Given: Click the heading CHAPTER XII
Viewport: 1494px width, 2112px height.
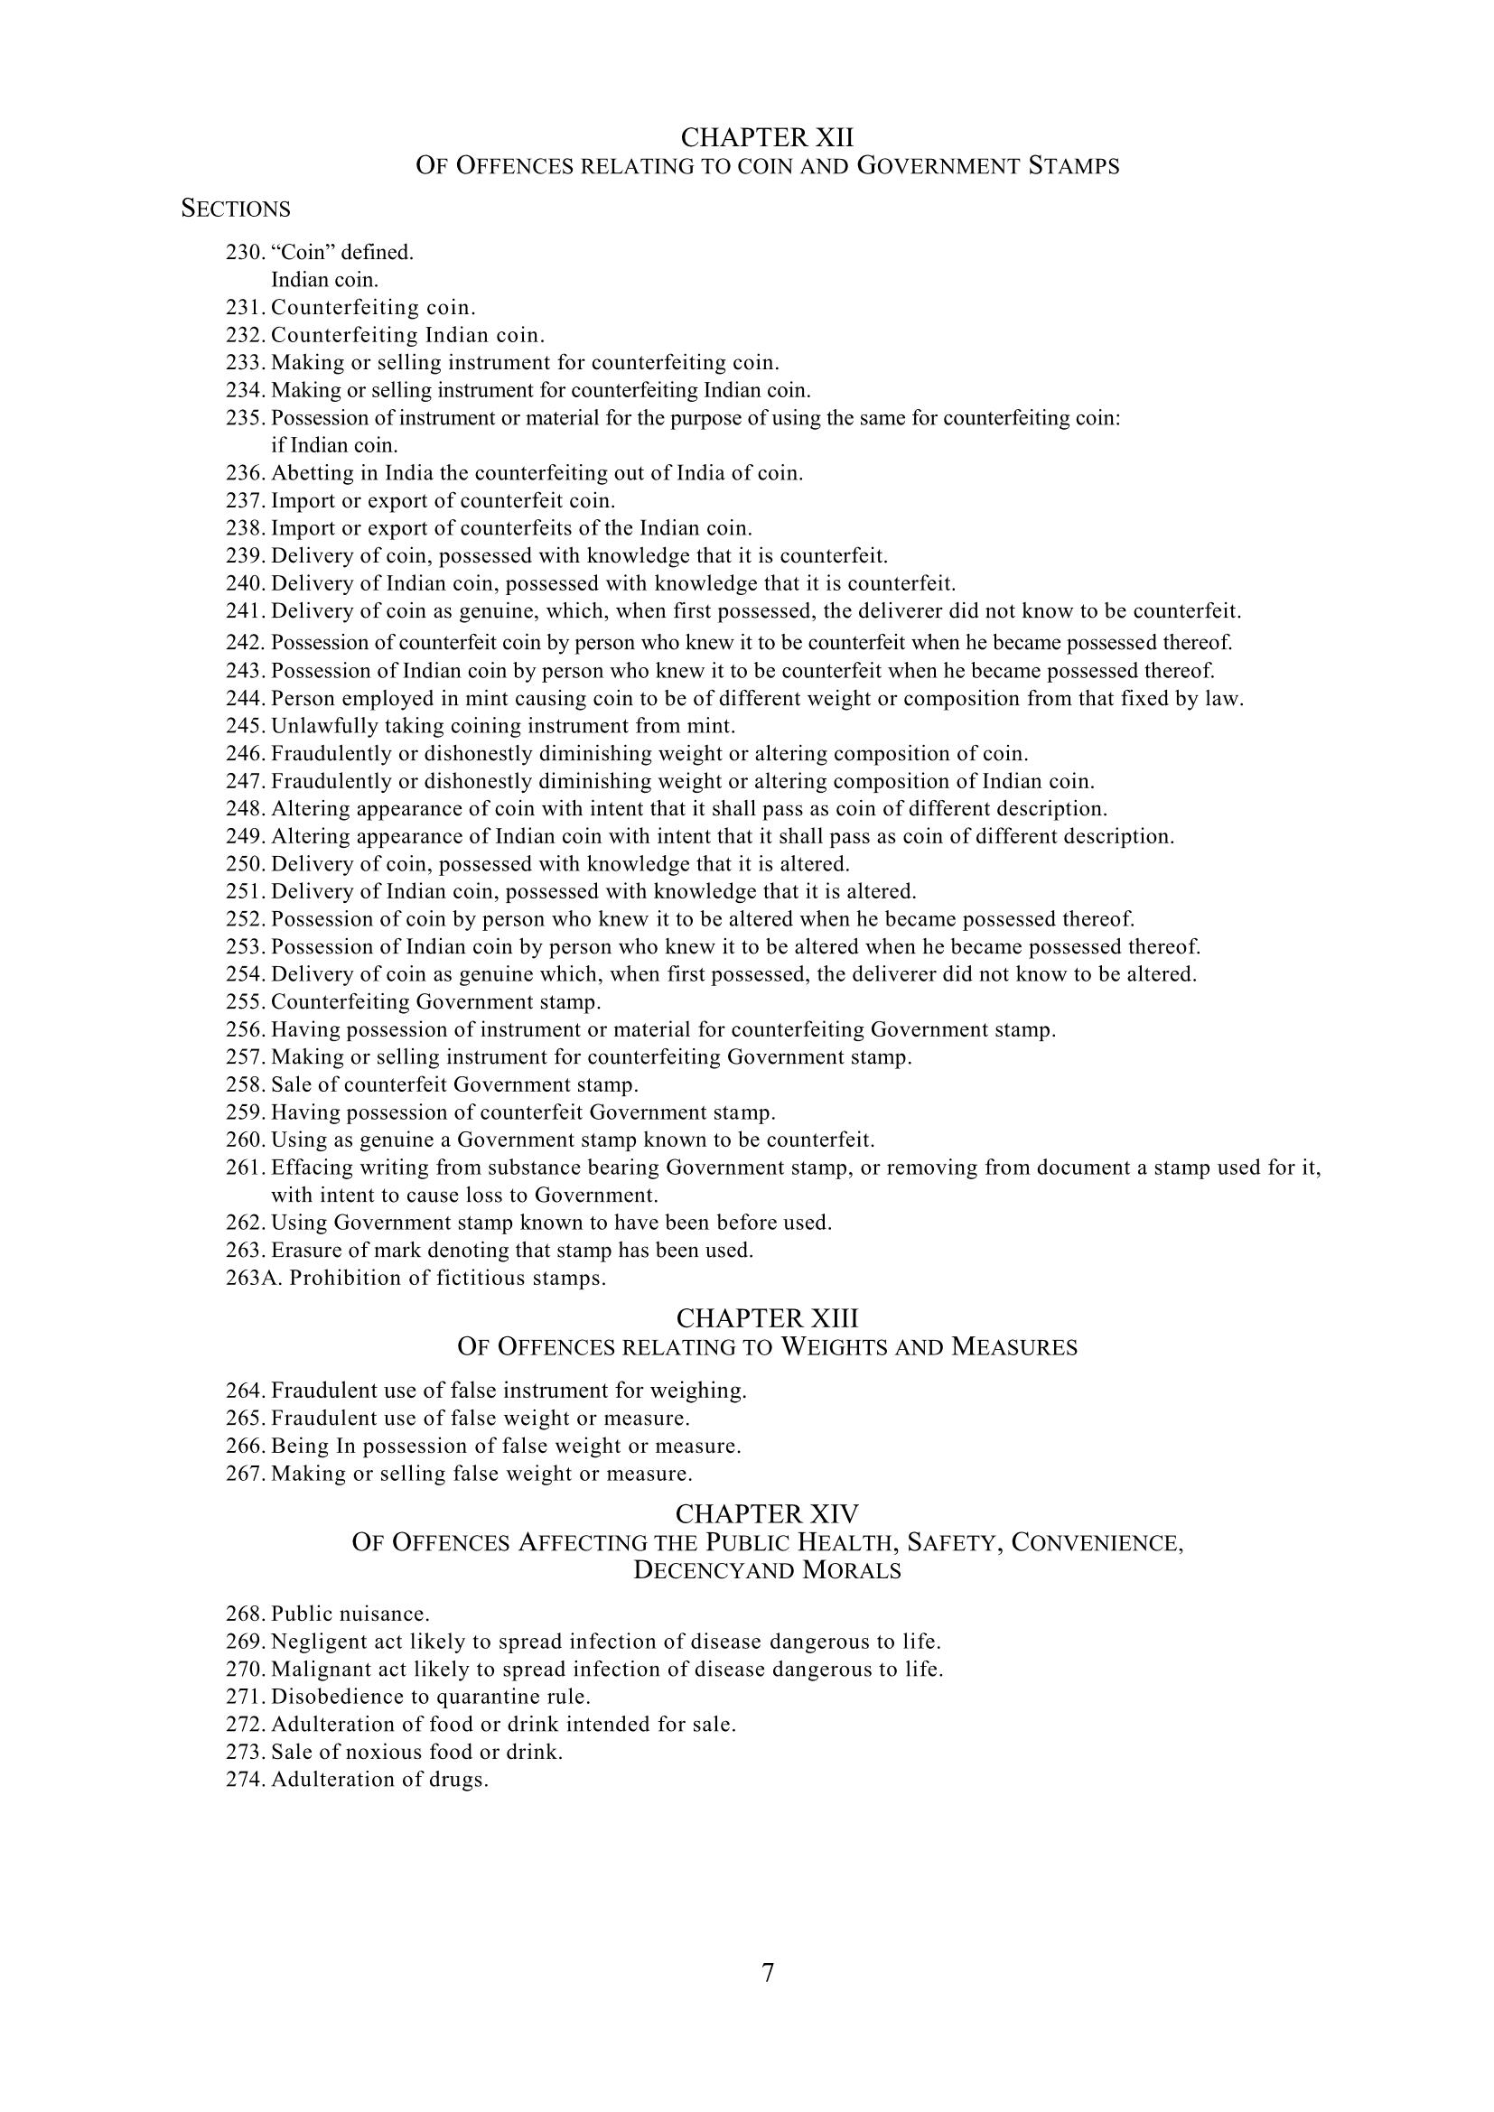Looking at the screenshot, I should tap(766, 138).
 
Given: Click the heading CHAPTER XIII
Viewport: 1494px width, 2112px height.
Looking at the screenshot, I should tap(766, 1318).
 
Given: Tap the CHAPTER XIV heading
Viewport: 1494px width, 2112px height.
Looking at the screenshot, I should tap(766, 1513).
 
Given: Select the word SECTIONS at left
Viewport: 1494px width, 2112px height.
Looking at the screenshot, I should tap(236, 209).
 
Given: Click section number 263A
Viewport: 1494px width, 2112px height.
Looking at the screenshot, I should tap(256, 1279).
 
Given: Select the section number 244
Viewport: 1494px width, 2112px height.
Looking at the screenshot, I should tap(246, 698).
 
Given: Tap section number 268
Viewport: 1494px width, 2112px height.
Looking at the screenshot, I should tap(246, 1614).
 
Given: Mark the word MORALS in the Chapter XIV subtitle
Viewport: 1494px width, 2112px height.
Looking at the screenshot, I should tap(852, 1571).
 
